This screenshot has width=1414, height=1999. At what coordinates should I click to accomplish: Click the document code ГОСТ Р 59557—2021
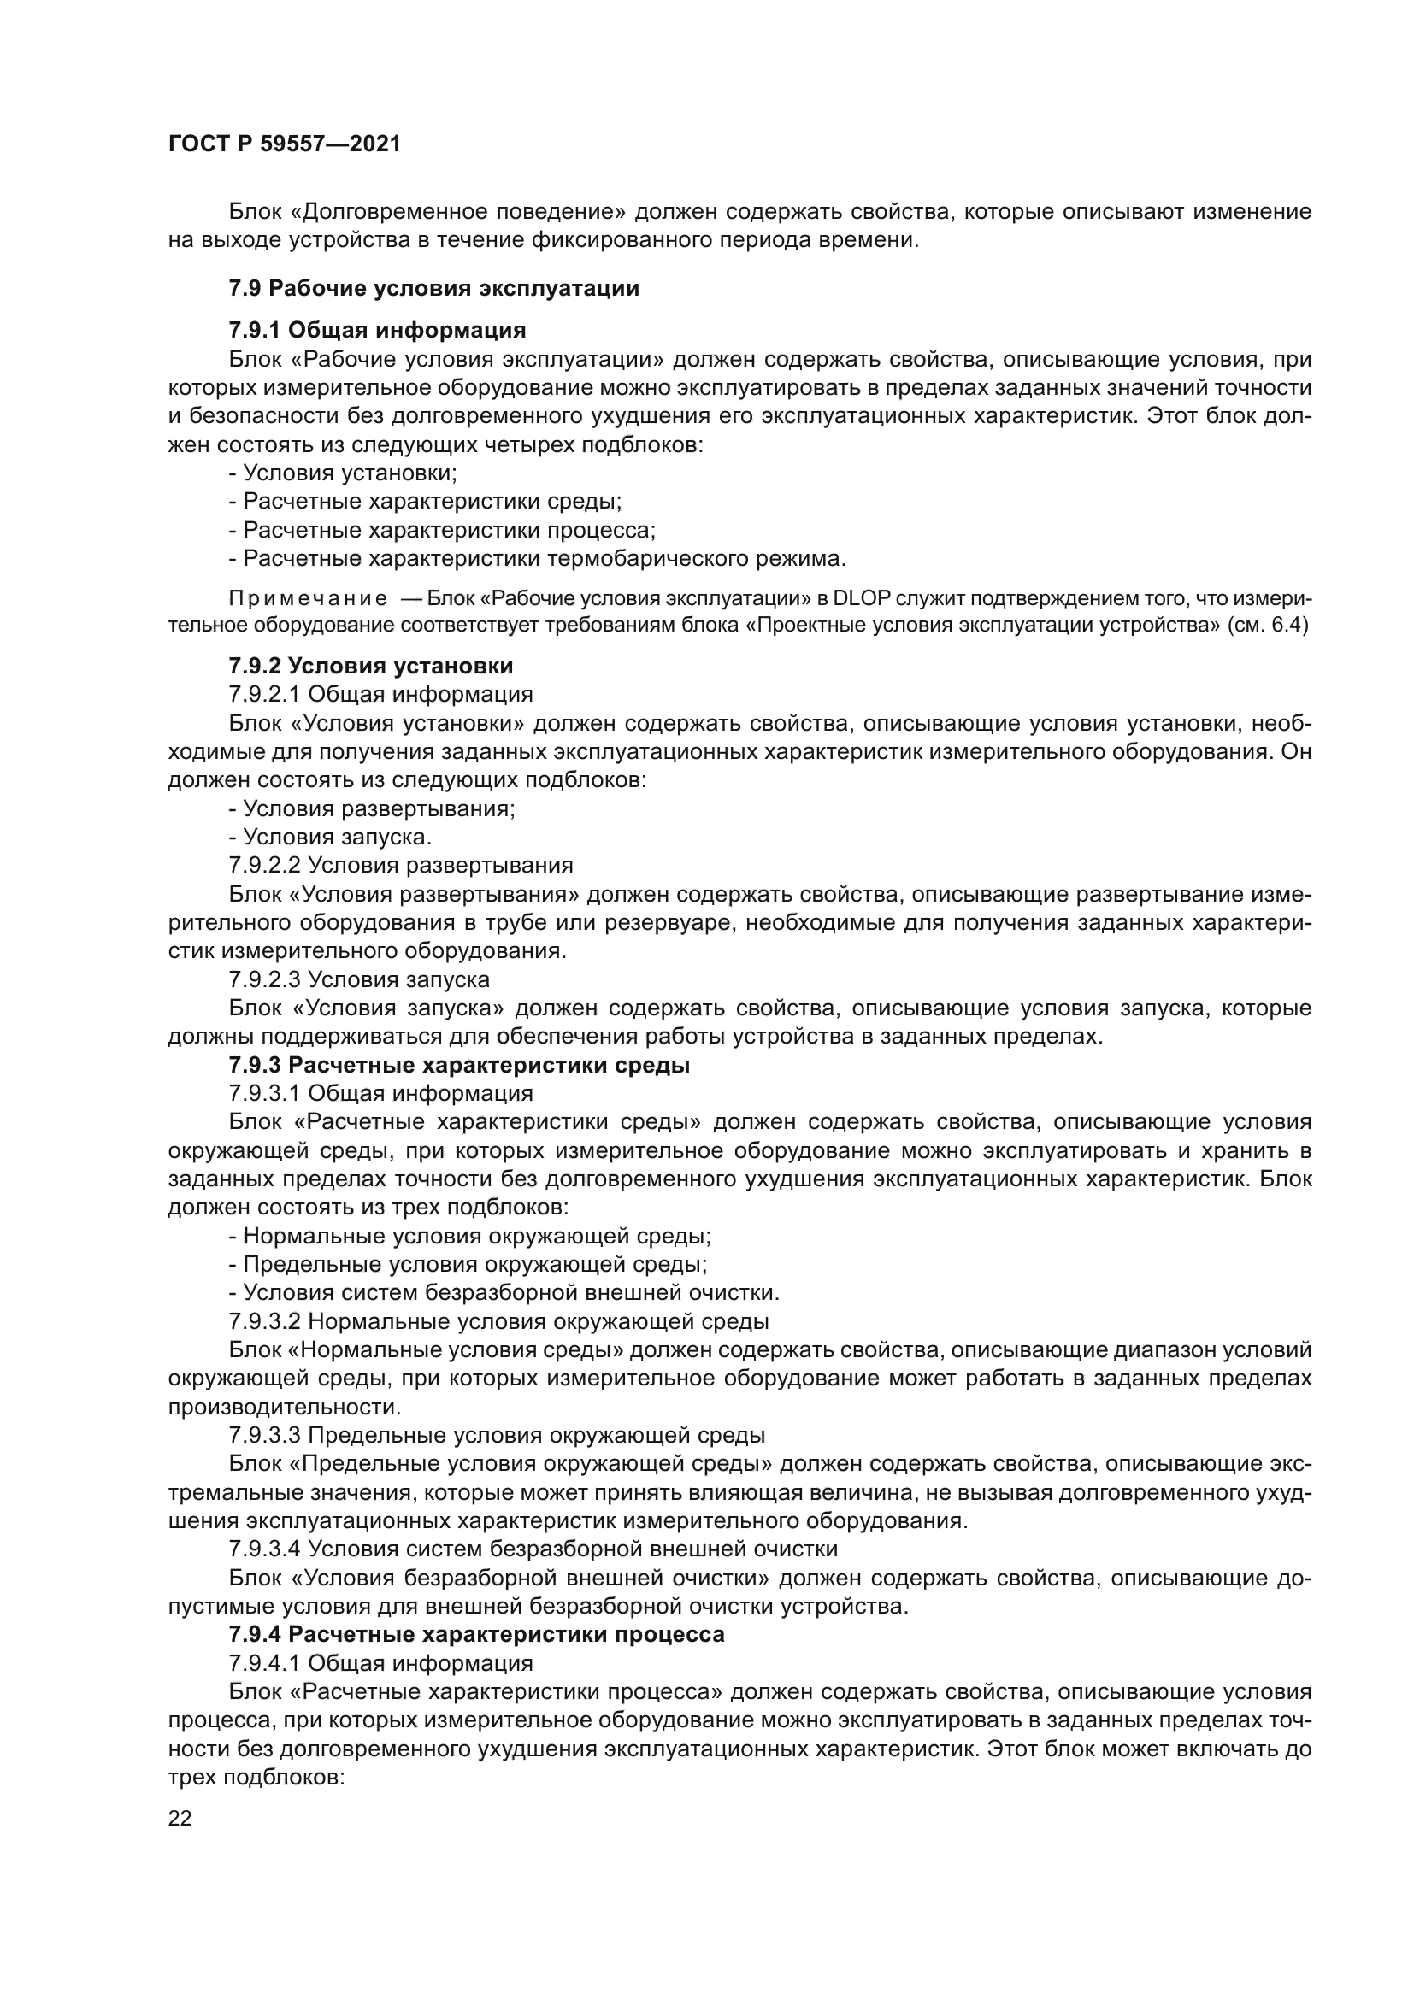285,144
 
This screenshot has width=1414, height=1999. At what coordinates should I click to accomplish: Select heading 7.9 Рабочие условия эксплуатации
433,288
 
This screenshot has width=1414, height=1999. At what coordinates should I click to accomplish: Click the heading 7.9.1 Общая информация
377,330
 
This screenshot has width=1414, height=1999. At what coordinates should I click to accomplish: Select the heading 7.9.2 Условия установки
371,666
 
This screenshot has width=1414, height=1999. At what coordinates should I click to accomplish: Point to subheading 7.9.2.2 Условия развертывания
400,865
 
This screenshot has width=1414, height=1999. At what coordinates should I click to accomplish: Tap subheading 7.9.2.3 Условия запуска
359,979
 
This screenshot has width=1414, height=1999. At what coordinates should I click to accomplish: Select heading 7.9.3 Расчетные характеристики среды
459,1065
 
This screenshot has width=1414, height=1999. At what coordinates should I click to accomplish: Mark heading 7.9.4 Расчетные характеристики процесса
476,1634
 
